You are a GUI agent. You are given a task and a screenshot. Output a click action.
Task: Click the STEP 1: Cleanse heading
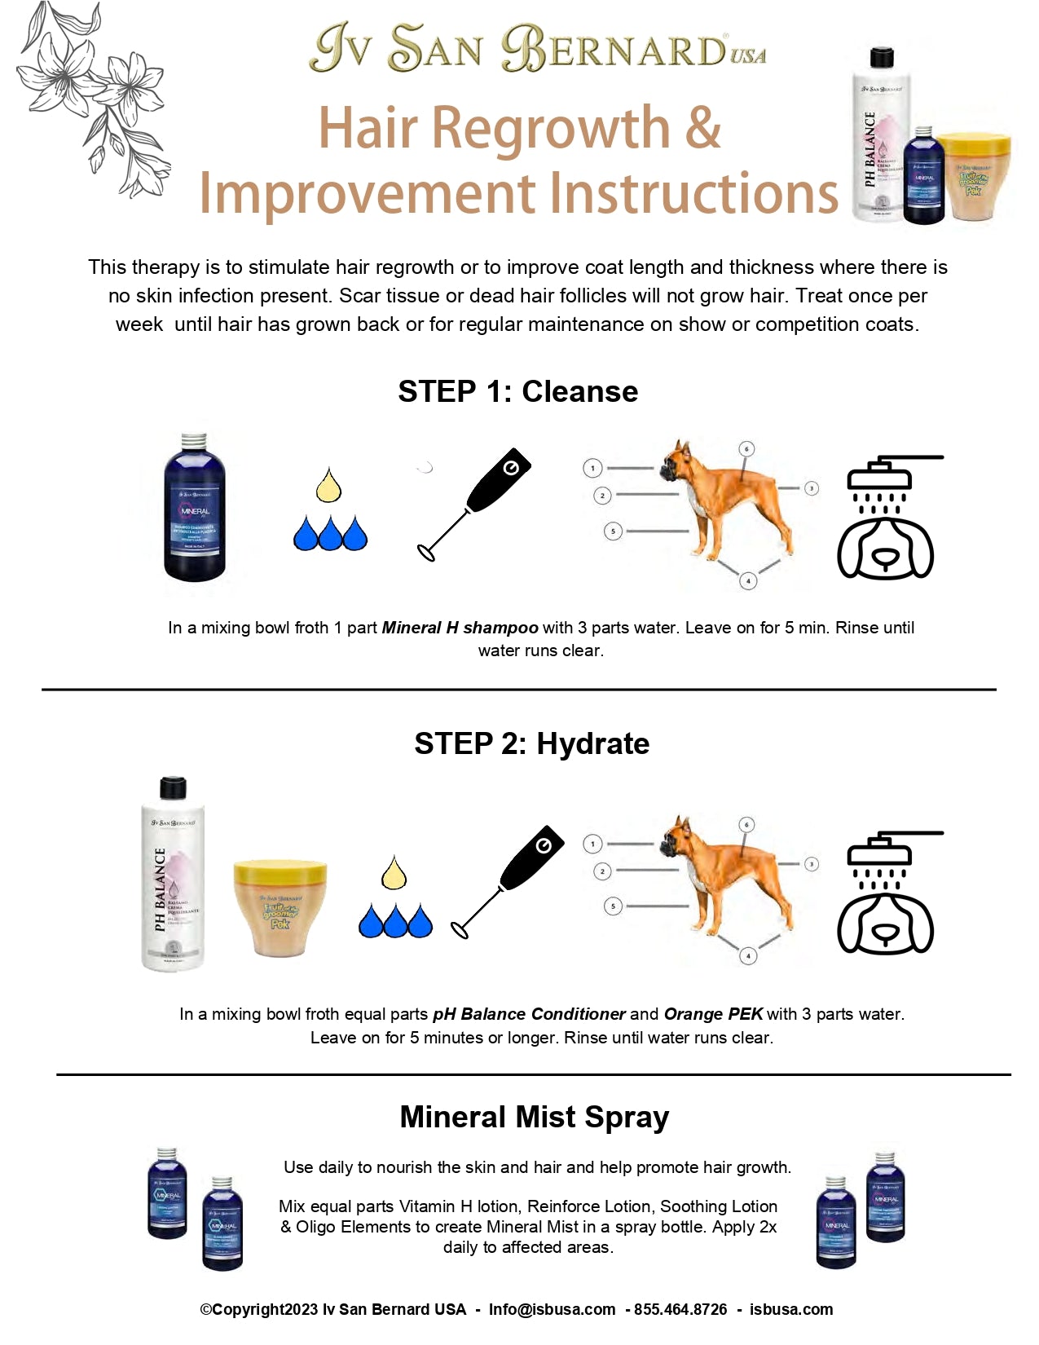517,392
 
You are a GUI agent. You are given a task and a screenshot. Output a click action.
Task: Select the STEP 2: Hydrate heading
531,744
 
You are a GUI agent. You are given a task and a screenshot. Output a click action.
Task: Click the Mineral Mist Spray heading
534,1117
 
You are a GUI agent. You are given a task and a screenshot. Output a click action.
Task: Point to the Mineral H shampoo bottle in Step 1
194,508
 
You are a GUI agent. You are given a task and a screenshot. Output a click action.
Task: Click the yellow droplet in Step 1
328,486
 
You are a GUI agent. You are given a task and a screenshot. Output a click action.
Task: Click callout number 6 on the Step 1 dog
746,449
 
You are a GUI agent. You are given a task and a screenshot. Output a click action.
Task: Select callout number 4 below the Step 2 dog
748,955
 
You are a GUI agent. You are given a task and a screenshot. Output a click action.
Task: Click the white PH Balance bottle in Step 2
172,875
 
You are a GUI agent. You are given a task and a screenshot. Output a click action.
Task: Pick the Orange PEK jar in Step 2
280,907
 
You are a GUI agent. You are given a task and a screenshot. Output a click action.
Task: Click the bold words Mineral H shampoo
460,628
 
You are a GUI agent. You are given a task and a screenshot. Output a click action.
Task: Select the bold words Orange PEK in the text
713,1015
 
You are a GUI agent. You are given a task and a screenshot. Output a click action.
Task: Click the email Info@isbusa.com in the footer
552,1310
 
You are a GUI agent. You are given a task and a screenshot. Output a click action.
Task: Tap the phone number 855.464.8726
680,1310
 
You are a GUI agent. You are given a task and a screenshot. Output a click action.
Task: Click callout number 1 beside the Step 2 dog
592,844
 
